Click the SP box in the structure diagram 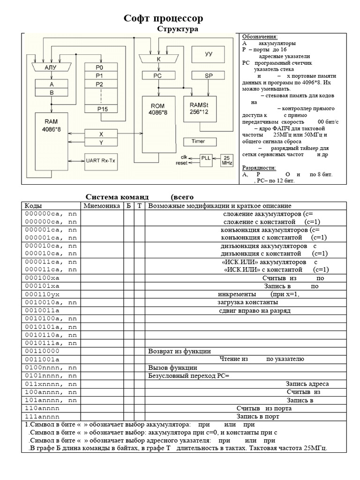209,75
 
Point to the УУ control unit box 209,54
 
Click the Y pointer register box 101,142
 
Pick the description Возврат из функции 180,351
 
